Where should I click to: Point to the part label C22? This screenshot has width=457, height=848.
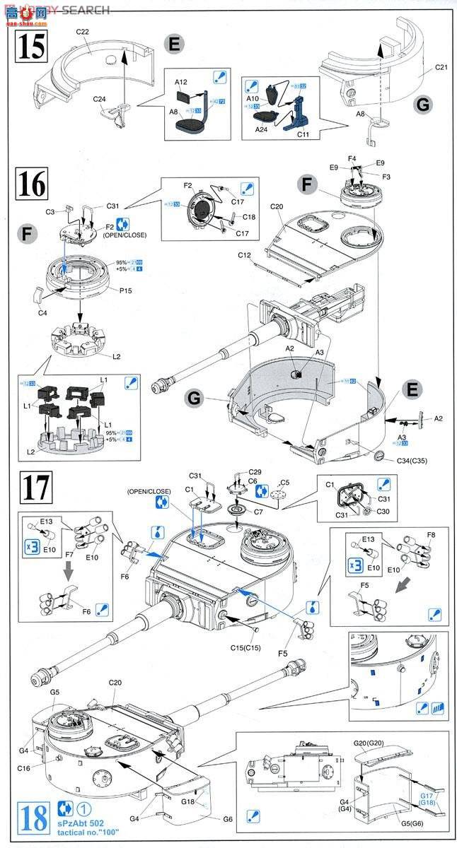tap(83, 32)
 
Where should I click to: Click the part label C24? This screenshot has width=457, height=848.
tap(100, 99)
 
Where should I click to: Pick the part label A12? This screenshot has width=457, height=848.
tap(182, 83)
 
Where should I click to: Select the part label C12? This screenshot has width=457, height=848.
tap(245, 254)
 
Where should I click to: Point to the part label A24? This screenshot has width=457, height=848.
tap(262, 129)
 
